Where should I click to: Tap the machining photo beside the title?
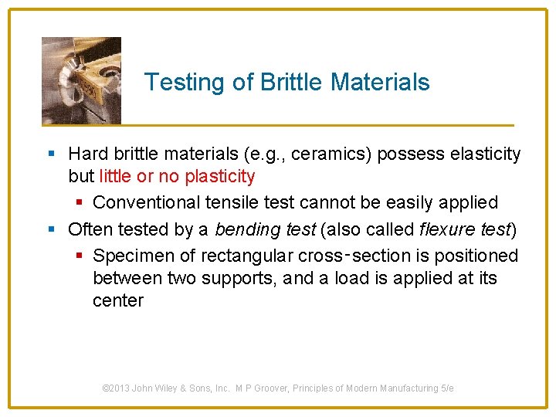[x=81, y=80]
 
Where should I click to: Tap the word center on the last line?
[x=117, y=300]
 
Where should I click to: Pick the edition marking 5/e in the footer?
[x=447, y=388]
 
